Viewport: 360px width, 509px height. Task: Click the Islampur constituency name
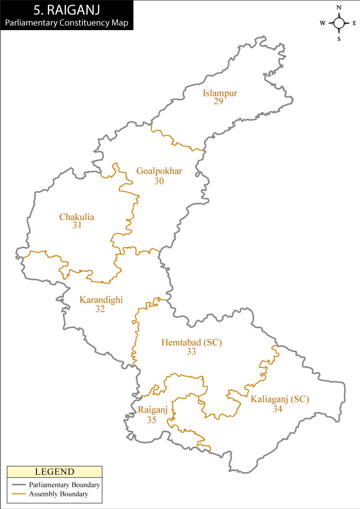(220, 94)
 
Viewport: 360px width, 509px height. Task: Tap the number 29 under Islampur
(218, 101)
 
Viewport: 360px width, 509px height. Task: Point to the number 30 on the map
(159, 181)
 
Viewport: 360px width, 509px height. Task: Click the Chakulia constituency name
(77, 217)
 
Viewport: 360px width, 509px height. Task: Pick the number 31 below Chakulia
(77, 225)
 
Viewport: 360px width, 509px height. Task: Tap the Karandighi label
(101, 300)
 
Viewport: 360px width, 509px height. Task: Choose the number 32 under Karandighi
(100, 309)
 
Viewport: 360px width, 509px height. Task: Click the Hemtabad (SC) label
(192, 343)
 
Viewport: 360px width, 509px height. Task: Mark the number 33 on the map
(191, 352)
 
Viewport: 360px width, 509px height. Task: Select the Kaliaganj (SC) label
(280, 399)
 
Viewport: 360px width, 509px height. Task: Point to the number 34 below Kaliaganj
(277, 409)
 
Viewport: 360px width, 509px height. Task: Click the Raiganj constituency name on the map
(153, 410)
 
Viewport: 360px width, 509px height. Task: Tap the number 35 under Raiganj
(152, 420)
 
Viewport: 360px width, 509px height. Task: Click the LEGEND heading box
(54, 472)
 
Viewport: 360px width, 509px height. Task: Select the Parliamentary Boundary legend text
(64, 485)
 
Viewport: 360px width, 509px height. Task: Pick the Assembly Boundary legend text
(58, 494)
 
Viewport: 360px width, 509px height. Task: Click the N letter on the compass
(339, 8)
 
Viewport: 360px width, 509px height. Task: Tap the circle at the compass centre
(339, 23)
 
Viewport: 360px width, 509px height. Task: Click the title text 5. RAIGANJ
(67, 9)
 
